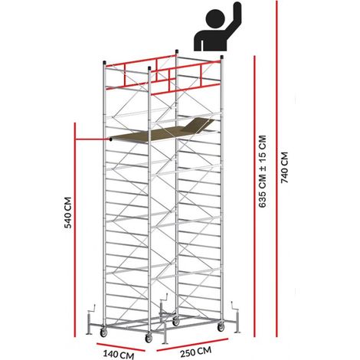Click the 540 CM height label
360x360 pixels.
(67, 212)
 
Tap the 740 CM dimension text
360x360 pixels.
(284, 168)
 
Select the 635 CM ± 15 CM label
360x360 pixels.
(263, 172)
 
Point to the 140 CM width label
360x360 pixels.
(119, 355)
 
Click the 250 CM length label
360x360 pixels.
(196, 352)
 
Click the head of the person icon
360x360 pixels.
(216, 18)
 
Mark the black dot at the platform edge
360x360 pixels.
(110, 139)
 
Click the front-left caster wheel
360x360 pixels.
(103, 332)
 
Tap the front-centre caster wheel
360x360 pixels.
(149, 339)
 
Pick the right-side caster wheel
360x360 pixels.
(221, 327)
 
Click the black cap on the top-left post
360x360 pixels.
(104, 63)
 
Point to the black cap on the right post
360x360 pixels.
(222, 57)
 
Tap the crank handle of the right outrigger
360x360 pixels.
(235, 306)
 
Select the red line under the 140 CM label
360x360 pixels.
(121, 348)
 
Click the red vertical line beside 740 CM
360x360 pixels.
(277, 169)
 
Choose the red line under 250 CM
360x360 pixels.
(192, 345)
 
